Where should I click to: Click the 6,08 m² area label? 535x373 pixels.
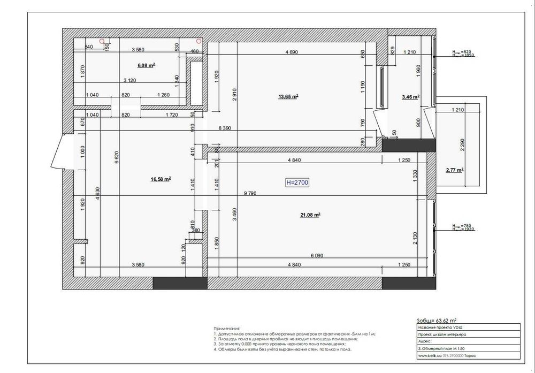click(146, 65)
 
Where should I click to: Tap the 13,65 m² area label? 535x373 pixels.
click(288, 97)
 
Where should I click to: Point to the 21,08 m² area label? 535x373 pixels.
click(310, 215)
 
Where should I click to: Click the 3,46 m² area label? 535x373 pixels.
click(410, 97)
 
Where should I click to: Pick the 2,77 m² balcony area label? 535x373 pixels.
click(454, 170)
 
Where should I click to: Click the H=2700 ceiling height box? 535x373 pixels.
click(297, 182)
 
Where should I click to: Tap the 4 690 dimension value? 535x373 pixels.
click(292, 52)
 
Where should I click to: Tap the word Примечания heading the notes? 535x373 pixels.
click(227, 328)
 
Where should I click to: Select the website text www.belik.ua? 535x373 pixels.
click(429, 355)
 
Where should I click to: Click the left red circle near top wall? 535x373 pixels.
click(102, 41)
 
